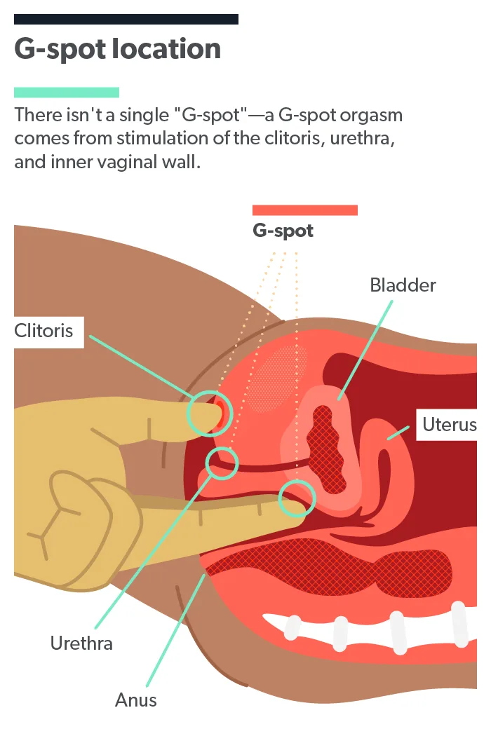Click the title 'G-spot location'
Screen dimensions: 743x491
117,50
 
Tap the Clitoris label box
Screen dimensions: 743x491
43,330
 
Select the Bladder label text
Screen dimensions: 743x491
403,285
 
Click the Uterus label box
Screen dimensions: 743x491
448,425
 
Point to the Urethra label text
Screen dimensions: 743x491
81,643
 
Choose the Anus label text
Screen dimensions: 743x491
136,700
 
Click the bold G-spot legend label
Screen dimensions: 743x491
283,231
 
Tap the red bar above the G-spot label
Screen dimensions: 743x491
304,210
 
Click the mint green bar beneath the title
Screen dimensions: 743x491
67,93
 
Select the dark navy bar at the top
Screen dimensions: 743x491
126,20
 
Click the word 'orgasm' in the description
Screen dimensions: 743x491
374,115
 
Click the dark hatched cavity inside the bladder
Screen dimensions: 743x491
327,449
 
